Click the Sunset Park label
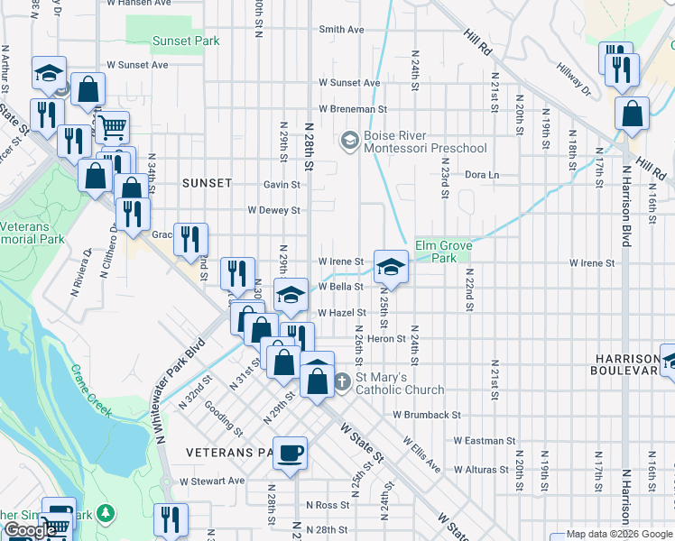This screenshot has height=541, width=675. (x=185, y=41)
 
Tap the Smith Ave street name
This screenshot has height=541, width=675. (x=341, y=30)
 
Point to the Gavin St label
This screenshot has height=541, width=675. (x=282, y=184)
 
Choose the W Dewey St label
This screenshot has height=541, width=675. (x=273, y=210)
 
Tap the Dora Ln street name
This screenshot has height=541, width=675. (x=481, y=175)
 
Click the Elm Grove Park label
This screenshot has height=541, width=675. (x=437, y=252)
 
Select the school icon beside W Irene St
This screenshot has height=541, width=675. (x=390, y=266)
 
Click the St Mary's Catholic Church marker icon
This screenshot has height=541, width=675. (x=342, y=382)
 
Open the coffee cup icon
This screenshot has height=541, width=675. (x=290, y=453)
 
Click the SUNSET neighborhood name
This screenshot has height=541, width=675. (x=207, y=183)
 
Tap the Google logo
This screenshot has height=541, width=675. (x=31, y=530)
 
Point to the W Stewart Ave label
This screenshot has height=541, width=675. (x=212, y=481)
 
